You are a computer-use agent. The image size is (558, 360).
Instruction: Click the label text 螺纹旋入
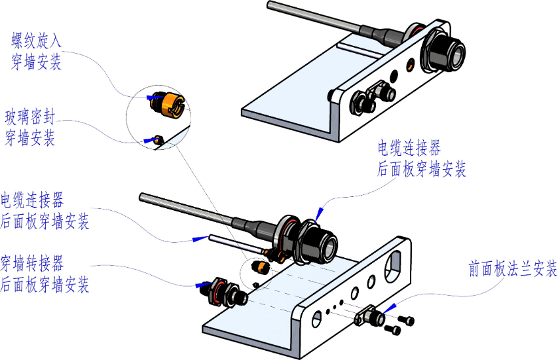click(x=36, y=41)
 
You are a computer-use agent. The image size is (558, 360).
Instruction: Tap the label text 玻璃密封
click(x=30, y=117)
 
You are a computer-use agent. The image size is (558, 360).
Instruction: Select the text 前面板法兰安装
click(x=513, y=268)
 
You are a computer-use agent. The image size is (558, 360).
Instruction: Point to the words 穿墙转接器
click(x=32, y=264)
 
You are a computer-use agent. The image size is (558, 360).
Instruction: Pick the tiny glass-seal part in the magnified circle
click(x=158, y=140)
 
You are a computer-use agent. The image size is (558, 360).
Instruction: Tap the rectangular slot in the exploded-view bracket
click(x=393, y=267)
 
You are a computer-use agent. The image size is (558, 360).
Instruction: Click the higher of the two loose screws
click(x=407, y=320)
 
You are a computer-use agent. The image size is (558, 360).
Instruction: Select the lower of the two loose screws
click(x=393, y=330)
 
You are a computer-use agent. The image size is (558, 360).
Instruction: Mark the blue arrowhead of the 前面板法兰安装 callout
click(x=390, y=308)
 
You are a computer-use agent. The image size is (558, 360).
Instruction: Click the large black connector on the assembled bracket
click(x=442, y=50)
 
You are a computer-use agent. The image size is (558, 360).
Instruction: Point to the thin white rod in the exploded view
click(x=236, y=243)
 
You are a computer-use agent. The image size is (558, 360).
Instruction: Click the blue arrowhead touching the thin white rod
click(x=200, y=238)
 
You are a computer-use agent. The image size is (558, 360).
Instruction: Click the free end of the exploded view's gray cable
click(x=141, y=197)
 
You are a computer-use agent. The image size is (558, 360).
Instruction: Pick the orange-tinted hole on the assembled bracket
click(x=411, y=64)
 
